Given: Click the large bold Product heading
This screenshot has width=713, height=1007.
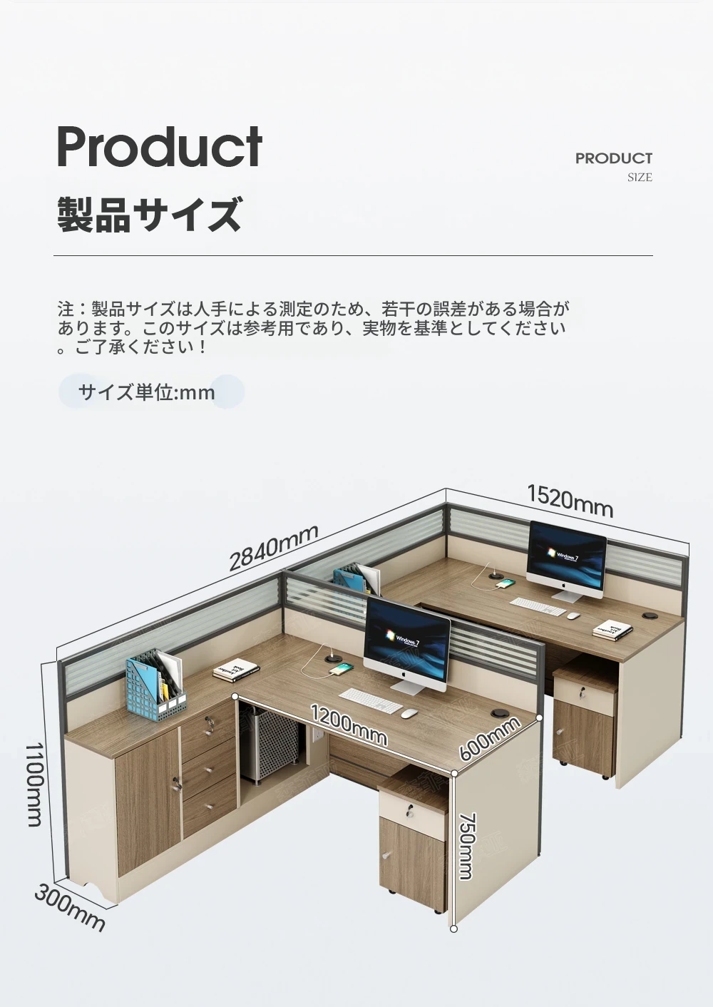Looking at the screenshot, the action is (160, 145).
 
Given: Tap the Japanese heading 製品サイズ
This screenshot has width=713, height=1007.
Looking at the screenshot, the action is (150, 214).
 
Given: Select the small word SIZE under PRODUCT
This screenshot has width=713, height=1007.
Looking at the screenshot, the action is (640, 178).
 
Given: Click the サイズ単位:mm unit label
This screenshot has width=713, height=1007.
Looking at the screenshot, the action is (147, 392).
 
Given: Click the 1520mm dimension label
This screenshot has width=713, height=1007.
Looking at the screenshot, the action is (570, 500).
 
